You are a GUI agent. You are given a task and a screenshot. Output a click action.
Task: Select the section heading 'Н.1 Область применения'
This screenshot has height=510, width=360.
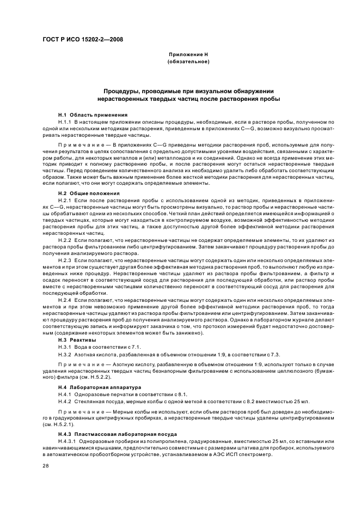(x=93, y=115)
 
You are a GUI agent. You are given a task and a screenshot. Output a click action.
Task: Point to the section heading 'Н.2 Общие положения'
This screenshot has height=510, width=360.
(x=89, y=193)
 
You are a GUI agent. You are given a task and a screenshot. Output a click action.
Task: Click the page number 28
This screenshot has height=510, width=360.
(x=46, y=467)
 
